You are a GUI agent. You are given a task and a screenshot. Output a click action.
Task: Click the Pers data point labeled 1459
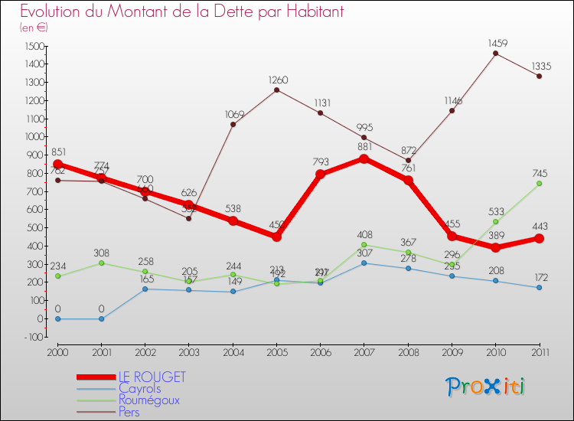495,53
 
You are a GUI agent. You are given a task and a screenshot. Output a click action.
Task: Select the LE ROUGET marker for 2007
364,158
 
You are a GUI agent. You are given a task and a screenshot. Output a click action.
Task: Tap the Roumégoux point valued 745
539,183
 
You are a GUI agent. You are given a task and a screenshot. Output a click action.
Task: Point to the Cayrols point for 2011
539,287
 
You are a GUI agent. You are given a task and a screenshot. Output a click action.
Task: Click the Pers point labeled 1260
276,90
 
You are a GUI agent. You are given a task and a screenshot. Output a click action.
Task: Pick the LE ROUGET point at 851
57,164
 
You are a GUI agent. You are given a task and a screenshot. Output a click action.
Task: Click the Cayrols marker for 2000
57,318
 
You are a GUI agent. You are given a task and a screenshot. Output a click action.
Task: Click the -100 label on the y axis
32,337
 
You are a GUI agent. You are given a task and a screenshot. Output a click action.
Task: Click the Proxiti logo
486,387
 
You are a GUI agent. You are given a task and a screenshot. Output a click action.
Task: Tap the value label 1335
539,66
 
